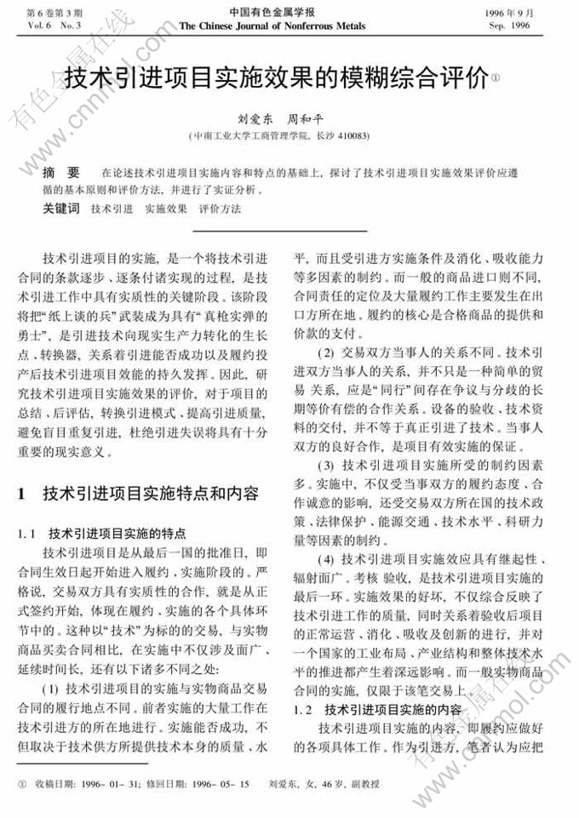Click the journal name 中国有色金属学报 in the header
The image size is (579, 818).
pyautogui.click(x=272, y=12)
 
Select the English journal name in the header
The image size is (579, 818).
pyautogui.click(x=272, y=26)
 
